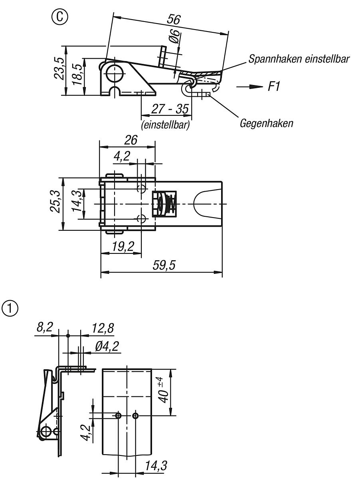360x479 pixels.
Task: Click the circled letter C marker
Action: [x=62, y=17]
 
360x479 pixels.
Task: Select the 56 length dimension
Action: [x=174, y=20]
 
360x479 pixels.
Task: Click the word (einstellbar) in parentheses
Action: [x=165, y=125]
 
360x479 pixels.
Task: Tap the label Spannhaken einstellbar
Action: [x=299, y=59]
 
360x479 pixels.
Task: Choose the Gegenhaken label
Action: [x=266, y=123]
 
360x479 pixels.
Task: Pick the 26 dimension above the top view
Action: [x=131, y=140]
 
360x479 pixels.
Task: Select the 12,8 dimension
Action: [x=103, y=329]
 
